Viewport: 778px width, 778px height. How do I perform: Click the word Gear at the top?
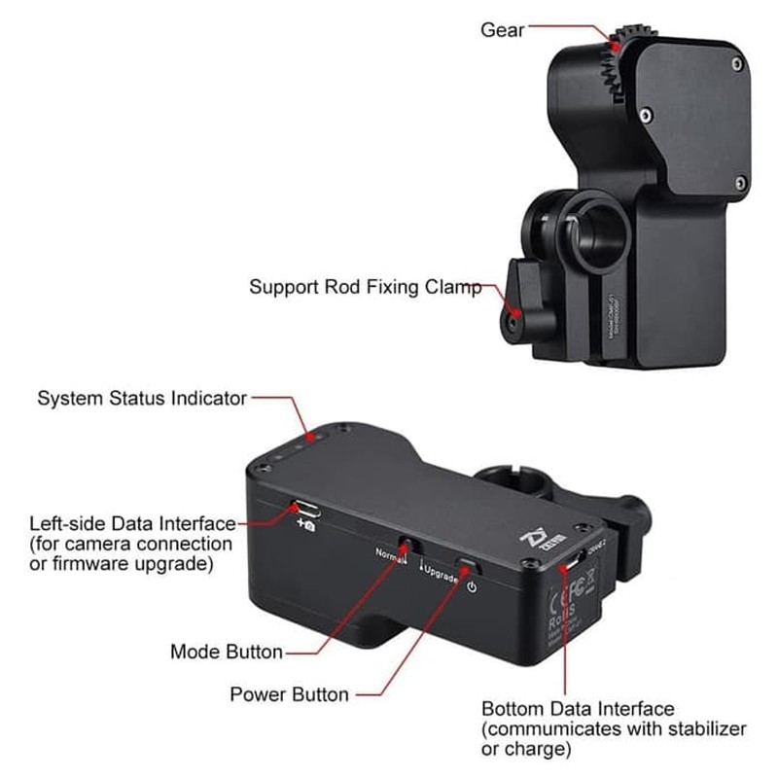coord(503,30)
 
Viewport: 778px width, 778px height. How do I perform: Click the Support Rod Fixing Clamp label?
coord(366,287)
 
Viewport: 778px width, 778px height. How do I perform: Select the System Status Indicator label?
coord(142,398)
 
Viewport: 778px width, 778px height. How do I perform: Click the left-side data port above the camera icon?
coord(303,508)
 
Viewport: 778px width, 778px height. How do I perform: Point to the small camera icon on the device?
coord(305,525)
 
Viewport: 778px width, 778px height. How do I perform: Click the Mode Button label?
coord(227,652)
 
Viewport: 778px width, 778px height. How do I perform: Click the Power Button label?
coord(289,694)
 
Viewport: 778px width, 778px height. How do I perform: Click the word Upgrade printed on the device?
coord(440,574)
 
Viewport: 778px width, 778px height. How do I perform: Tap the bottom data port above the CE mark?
coord(576,560)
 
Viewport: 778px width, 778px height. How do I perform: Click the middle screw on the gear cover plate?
coord(647,116)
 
